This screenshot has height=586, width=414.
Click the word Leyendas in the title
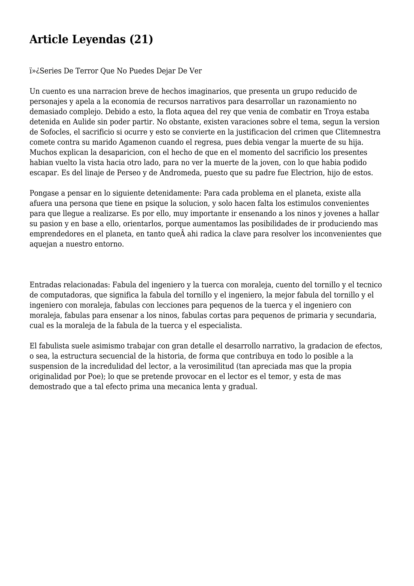[99, 40]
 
